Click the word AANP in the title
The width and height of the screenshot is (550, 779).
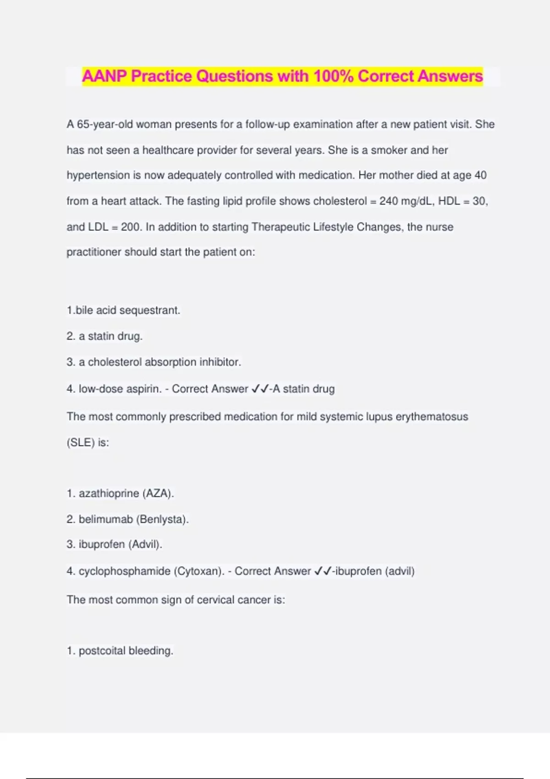tap(104, 76)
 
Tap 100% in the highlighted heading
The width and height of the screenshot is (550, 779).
tap(333, 76)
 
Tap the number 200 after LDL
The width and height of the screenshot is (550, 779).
tap(130, 227)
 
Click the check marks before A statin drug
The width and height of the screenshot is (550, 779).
tap(260, 389)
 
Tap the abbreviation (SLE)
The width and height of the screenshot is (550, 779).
tap(81, 443)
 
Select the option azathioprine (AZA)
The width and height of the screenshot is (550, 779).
tap(120, 494)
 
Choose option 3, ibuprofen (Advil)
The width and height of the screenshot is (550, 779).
tap(115, 544)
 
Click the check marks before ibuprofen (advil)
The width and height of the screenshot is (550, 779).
tap(323, 571)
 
